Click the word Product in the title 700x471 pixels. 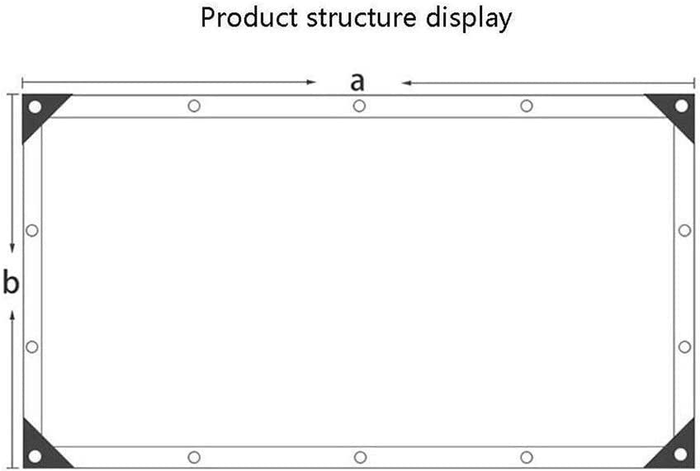[249, 18]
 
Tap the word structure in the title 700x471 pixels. [362, 18]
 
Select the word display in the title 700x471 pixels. [469, 20]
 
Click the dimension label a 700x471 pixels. [357, 82]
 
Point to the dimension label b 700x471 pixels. [12, 282]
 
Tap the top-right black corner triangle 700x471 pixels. [675, 111]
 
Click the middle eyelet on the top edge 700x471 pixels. [359, 106]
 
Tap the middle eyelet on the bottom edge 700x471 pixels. [360, 457]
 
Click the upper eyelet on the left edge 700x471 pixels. [32, 231]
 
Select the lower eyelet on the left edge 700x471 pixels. [32, 347]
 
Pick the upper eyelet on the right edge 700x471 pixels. [685, 231]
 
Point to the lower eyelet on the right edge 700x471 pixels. [685, 347]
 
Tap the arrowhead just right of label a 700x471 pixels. [407, 83]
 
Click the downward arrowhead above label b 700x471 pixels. [12, 248]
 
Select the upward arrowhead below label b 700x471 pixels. [12, 315]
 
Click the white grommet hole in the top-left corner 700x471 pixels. [35, 106]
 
